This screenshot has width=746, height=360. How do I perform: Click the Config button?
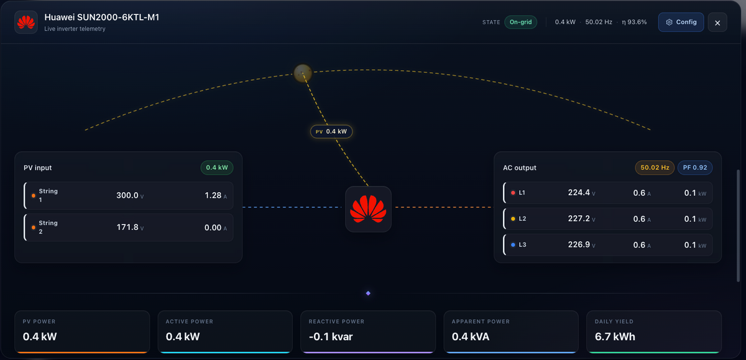coord(681,22)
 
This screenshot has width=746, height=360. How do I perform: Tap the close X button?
coord(717,22)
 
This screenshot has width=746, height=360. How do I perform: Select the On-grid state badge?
coord(520,22)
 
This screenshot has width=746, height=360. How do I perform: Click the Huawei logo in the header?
coord(26,22)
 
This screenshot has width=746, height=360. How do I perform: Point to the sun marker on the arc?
coord(302,73)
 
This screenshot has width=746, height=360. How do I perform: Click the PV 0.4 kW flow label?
coord(331,132)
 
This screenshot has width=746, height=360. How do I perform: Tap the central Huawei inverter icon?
coord(368,209)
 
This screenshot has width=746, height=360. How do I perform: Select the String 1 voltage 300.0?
coord(127,195)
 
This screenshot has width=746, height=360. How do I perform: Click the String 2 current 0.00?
coord(213,228)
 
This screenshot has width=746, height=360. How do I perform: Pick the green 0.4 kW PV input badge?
coord(217,167)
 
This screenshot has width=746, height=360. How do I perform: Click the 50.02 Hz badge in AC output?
coord(655,167)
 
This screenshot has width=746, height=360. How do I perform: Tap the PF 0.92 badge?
coord(695,167)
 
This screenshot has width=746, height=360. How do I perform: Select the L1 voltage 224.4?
coord(579,193)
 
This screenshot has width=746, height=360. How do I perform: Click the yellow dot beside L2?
coord(513,219)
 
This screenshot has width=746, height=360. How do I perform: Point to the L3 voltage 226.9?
coord(579,245)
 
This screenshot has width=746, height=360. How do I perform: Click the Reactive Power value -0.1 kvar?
coord(331,337)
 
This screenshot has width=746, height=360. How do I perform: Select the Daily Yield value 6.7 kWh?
coord(615,337)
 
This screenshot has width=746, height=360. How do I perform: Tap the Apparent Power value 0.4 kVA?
coord(470,337)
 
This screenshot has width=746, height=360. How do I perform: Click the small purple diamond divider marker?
coord(368,293)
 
